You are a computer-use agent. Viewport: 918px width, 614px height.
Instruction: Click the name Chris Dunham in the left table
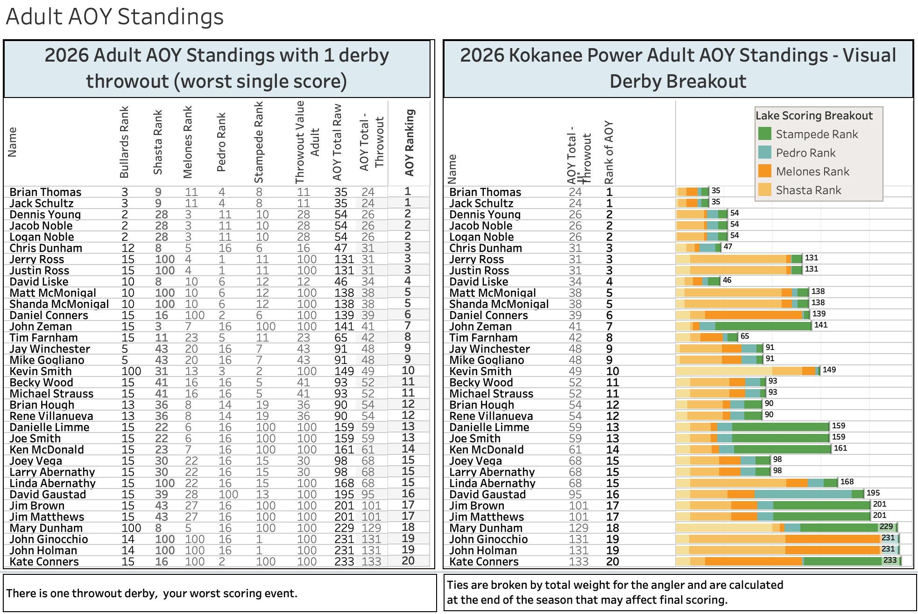point(46,248)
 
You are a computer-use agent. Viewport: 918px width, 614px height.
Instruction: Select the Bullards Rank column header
point(124,142)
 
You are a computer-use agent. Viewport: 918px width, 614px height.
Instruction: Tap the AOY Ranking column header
point(410,143)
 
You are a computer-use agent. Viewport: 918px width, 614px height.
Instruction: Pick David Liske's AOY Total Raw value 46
point(341,282)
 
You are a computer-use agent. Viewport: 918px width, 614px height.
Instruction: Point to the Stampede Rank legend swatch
point(764,134)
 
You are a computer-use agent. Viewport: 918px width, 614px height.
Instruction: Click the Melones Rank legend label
point(812,172)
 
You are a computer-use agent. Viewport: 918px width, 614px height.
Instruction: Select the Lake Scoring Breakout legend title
point(814,116)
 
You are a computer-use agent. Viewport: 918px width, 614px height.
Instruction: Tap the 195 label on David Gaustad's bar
point(873,493)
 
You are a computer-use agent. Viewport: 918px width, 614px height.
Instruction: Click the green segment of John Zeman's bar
point(763,327)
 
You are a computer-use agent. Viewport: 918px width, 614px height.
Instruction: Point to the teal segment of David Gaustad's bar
point(803,495)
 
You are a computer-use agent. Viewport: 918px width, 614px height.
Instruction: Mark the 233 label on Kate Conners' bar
point(890,560)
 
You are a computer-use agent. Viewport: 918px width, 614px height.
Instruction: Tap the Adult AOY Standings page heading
point(115,17)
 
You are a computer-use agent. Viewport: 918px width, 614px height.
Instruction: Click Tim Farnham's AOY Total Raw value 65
point(341,338)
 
